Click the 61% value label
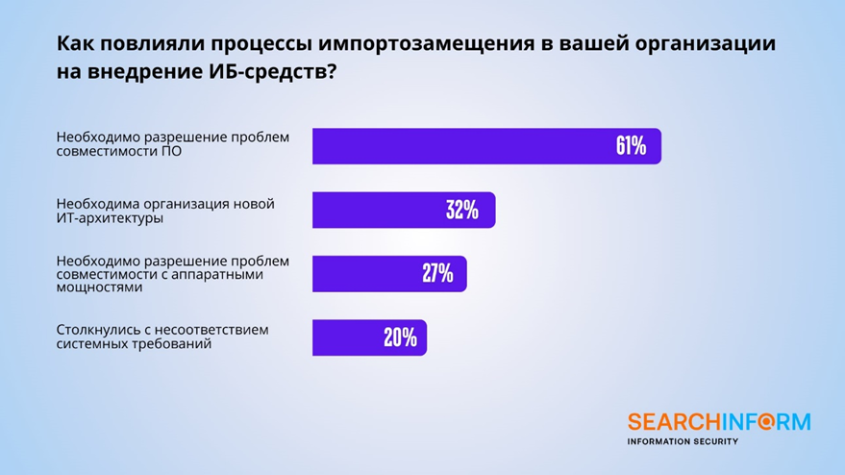(x=631, y=146)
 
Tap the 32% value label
(x=462, y=211)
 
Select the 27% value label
(x=437, y=273)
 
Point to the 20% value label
(x=400, y=337)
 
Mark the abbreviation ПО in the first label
(x=172, y=151)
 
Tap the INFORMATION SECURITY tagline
(x=682, y=441)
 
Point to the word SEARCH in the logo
(x=663, y=421)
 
